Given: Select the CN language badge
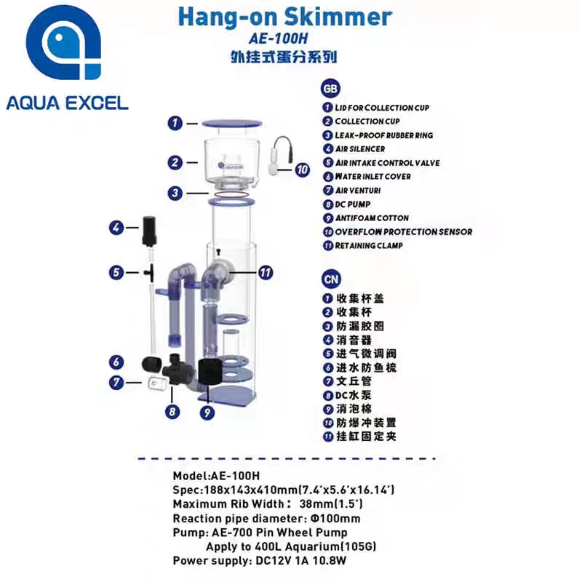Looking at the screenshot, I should [x=330, y=278].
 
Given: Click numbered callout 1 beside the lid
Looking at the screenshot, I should [x=175, y=123].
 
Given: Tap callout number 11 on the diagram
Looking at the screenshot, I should [x=266, y=273].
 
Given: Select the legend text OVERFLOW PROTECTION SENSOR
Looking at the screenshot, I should [x=403, y=232].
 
